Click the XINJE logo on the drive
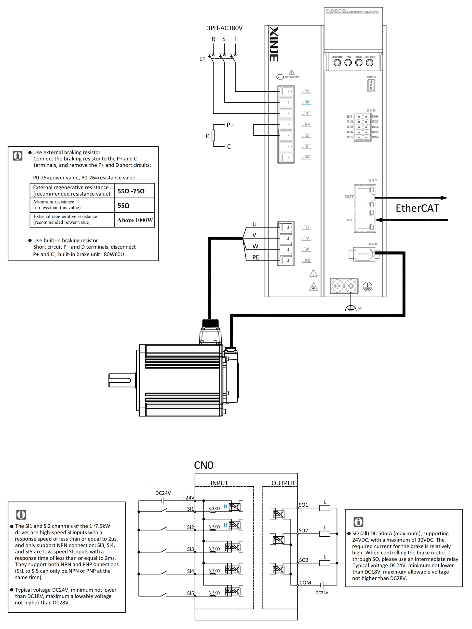coord(274,44)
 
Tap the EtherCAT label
coord(417,208)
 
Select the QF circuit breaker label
coord(202,59)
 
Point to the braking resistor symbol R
coord(213,136)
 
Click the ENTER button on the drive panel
coord(369,63)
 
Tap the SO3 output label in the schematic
coord(304,560)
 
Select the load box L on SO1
coord(324,508)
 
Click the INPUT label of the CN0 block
coord(219,483)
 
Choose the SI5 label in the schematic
coord(190,593)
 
